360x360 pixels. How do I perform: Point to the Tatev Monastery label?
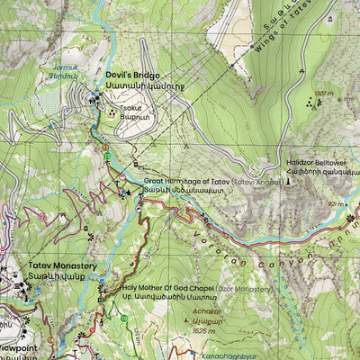[62, 266]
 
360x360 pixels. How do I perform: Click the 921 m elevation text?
[337, 205]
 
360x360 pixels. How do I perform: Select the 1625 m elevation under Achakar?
[208, 332]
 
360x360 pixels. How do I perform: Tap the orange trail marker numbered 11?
[105, 147]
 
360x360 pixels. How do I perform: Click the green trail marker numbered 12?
[108, 157]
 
